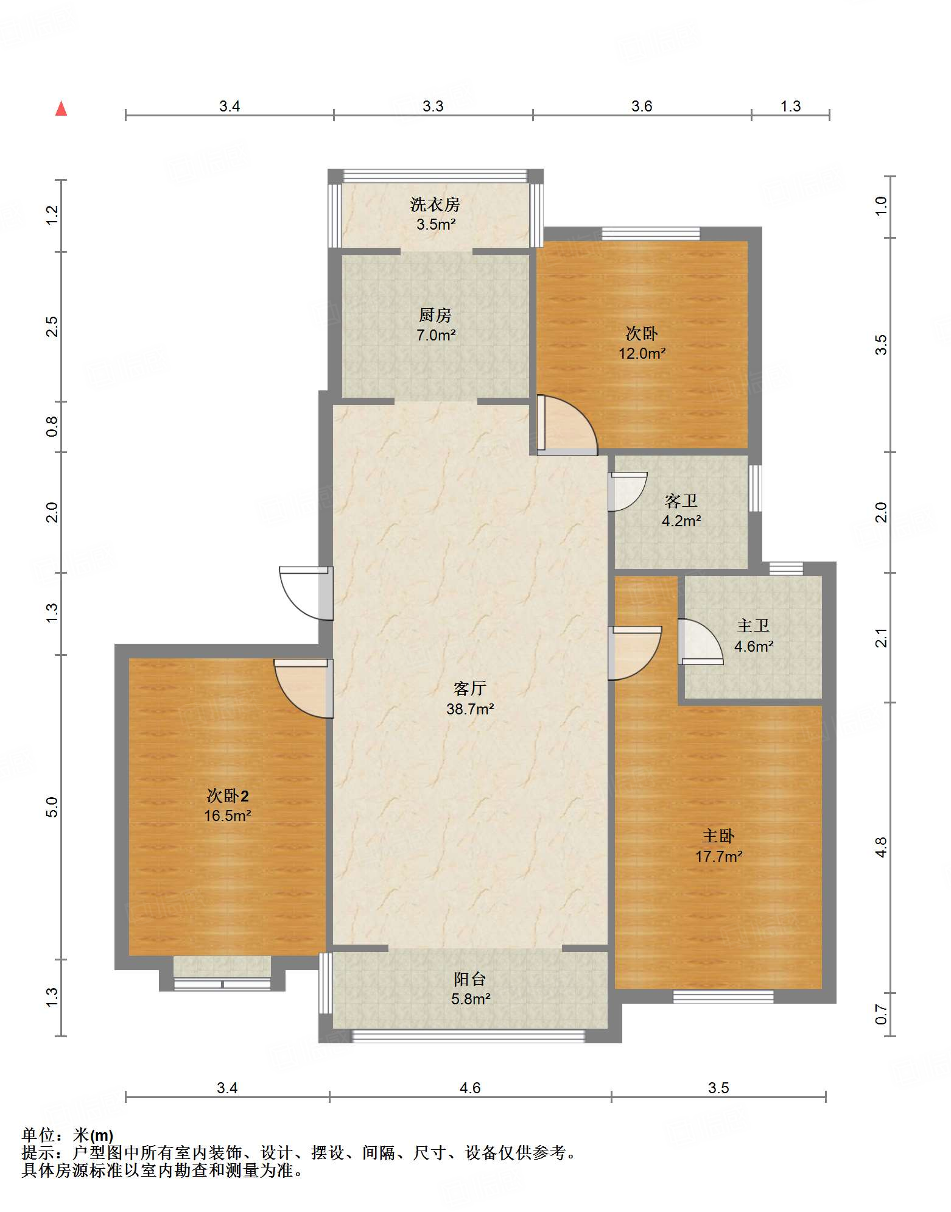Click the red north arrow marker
pos(61,108)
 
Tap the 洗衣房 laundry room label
pos(435,205)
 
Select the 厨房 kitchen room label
pos(435,315)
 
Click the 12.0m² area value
pos(642,354)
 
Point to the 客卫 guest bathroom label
pos(681,501)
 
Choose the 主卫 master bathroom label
pos(753,626)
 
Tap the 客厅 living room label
pos(469,689)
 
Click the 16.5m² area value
pos(228,816)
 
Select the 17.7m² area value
pos(718,857)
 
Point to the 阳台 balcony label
pos(470,979)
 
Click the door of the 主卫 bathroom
pos(700,642)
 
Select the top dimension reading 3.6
pos(642,107)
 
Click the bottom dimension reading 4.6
pos(470,1088)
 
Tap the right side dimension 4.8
pos(881,848)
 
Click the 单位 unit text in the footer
pos(38,1135)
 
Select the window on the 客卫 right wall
pos(755,488)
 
